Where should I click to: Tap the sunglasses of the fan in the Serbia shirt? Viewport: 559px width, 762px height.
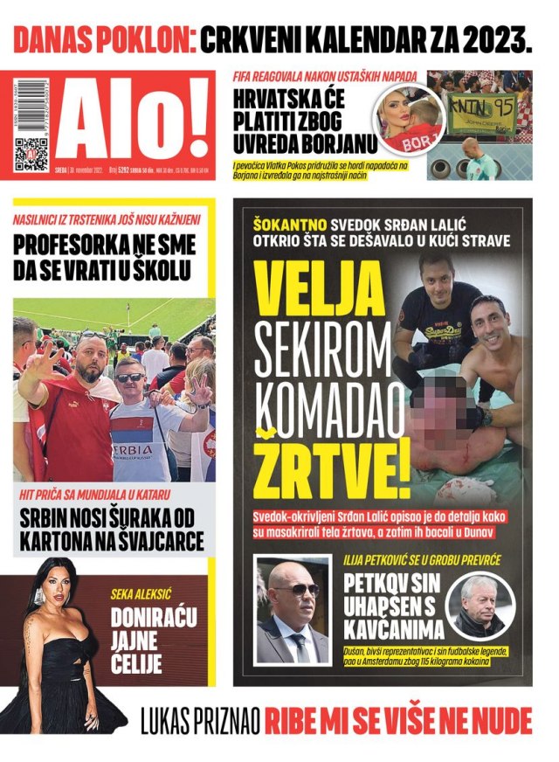(x=131, y=378)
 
